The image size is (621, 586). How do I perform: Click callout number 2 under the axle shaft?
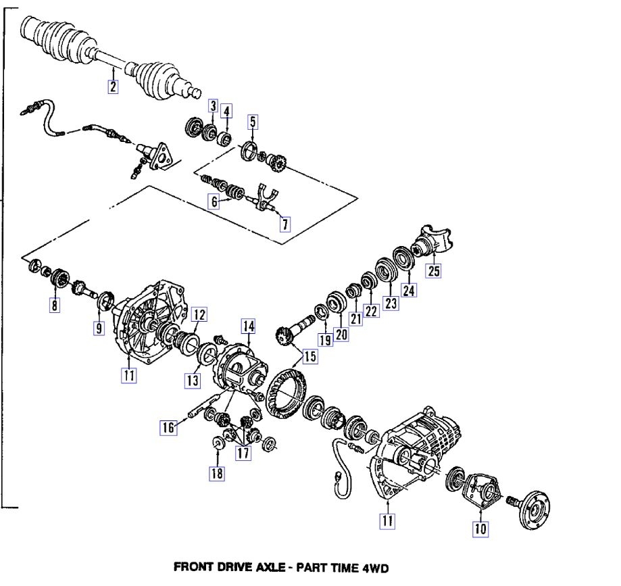(x=113, y=86)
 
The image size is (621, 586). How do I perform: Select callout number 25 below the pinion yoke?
(x=432, y=271)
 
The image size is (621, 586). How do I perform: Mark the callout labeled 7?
(x=285, y=225)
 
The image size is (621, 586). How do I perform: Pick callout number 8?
(x=55, y=306)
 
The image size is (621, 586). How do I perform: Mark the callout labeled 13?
(x=193, y=381)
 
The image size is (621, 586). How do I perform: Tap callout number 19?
(x=326, y=340)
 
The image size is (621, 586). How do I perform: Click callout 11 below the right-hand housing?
(x=388, y=521)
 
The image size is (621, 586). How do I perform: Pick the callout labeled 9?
(x=99, y=328)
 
